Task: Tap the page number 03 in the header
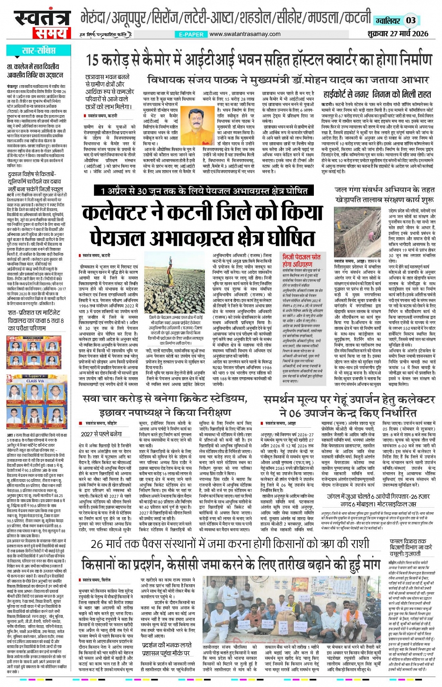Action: (x=410, y=20)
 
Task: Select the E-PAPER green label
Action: (x=191, y=34)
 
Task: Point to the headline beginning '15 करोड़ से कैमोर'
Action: (x=259, y=61)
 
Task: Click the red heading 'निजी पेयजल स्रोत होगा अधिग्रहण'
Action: (x=302, y=261)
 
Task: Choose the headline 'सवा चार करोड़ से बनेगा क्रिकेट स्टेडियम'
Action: (x=165, y=399)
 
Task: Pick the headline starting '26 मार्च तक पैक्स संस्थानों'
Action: (x=230, y=544)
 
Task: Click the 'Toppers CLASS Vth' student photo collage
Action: (x=35, y=402)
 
